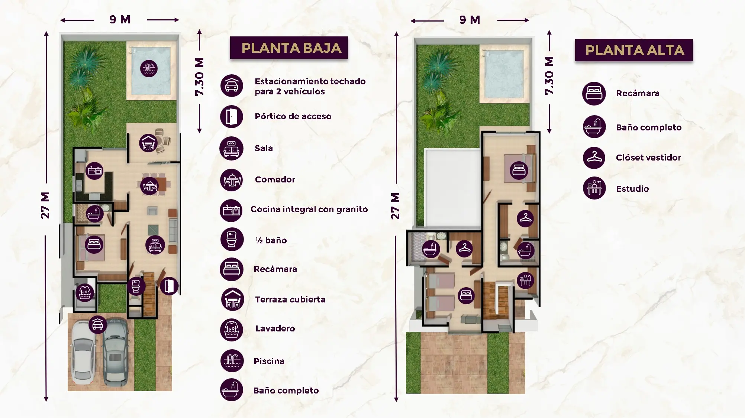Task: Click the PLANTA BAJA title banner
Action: (289, 48)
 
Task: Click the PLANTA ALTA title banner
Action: (634, 50)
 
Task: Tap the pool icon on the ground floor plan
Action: (149, 68)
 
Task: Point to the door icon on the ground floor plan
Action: (169, 286)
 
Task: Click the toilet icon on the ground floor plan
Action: (136, 286)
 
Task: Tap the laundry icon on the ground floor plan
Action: (85, 293)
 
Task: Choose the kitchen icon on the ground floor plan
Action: (94, 171)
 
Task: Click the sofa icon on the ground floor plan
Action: (155, 245)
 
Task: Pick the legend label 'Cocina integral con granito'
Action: (309, 209)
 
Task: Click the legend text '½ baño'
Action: (271, 240)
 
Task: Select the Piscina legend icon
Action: (232, 361)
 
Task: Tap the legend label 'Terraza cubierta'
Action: (290, 299)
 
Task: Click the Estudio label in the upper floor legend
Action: (632, 189)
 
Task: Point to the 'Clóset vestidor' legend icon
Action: (594, 158)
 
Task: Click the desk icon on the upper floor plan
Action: (525, 280)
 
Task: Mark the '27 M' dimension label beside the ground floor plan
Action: (45, 205)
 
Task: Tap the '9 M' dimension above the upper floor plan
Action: (470, 20)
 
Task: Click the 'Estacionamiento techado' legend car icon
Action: (232, 85)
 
